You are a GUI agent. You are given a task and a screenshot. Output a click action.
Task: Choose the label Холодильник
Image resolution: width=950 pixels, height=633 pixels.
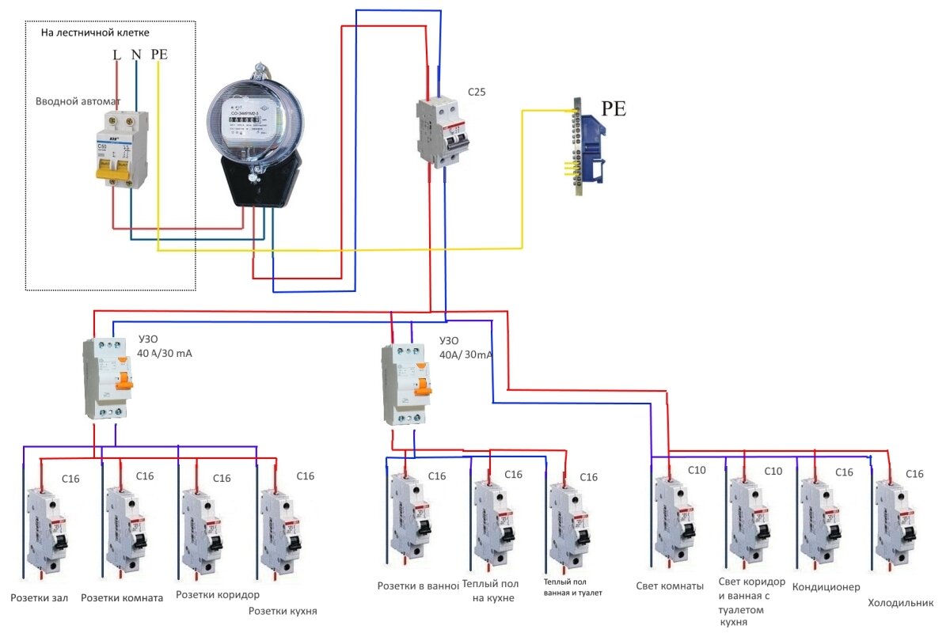895,603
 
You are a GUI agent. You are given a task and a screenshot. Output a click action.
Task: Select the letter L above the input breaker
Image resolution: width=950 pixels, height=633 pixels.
117,55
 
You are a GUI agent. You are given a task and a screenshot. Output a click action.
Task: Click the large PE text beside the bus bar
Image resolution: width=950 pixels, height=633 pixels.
613,109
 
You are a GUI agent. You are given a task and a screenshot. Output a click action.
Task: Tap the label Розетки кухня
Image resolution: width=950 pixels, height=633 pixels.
283,611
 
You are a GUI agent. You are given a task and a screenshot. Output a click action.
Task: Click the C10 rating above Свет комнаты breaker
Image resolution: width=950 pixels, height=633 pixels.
696,470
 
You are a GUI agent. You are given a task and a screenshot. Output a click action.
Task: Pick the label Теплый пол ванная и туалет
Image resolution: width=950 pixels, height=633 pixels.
572,586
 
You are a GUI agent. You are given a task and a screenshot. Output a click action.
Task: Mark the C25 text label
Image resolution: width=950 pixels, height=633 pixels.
477,92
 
